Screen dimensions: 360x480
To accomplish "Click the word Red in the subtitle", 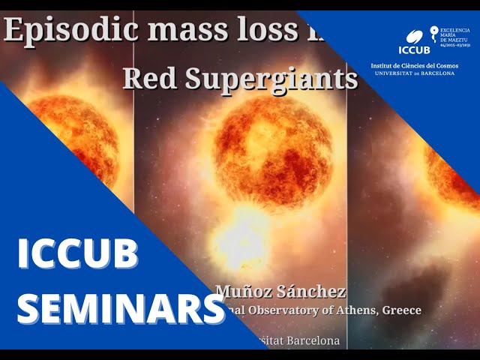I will tap(146, 77).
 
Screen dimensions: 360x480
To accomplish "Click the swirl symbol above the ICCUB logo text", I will tap(414, 35).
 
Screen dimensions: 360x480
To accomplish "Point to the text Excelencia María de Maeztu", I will tap(455, 34).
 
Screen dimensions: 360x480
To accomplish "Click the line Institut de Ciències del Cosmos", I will tap(415, 66).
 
